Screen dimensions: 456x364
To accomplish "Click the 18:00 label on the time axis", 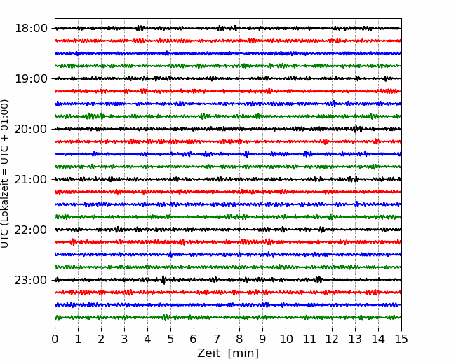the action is (31, 29).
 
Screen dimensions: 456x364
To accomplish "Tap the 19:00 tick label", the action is (31, 78).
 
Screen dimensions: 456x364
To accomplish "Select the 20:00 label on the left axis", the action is (31, 129).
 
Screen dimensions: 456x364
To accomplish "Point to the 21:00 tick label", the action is (31, 179).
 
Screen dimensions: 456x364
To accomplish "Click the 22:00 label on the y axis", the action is (31, 230).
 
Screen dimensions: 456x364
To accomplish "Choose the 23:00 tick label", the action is (31, 280).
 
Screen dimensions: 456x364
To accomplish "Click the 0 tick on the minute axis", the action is (55, 339).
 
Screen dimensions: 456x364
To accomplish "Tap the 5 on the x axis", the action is (170, 339).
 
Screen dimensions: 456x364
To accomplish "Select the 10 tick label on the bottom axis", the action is (286, 339).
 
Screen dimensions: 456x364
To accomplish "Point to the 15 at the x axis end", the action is (401, 339).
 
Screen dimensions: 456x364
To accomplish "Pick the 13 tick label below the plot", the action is (355, 339).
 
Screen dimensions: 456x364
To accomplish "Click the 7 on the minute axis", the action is (217, 339).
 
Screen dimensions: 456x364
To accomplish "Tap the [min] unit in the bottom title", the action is (243, 353).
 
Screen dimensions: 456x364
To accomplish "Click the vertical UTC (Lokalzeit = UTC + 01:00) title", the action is (5, 174).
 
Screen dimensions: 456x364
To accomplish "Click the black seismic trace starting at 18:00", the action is (228, 28).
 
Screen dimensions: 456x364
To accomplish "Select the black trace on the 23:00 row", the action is (228, 280).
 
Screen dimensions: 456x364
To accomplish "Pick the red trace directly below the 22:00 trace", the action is (228, 241).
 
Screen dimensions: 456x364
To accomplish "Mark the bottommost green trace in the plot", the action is (228, 317).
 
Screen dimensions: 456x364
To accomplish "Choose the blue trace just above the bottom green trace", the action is (228, 304).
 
